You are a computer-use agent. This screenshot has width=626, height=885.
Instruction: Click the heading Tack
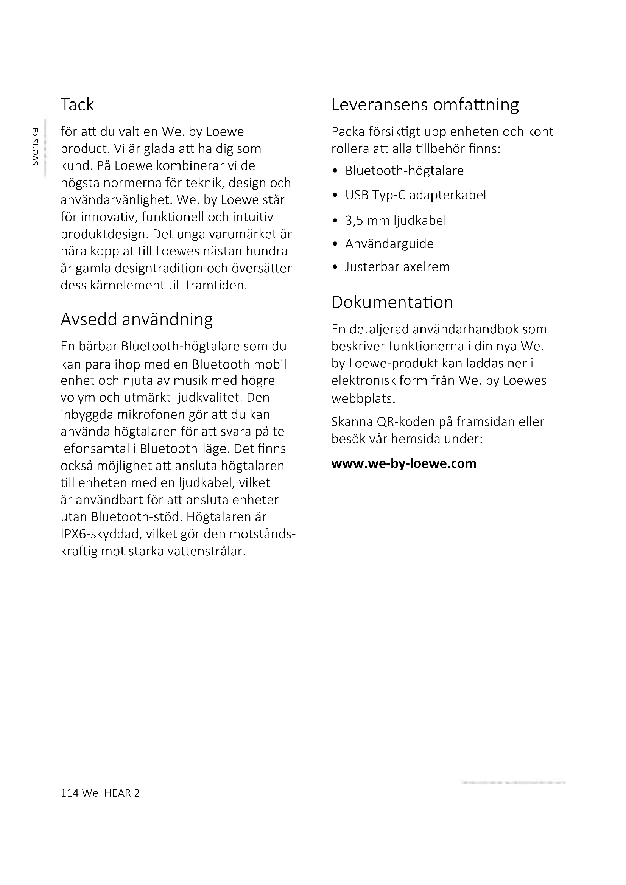pyautogui.click(x=77, y=105)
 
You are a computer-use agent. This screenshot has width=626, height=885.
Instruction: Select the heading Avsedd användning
pyautogui.click(x=137, y=320)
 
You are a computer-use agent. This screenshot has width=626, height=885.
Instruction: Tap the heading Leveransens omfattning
pyautogui.click(x=425, y=105)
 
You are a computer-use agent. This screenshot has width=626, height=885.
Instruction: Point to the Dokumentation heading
pyautogui.click(x=392, y=303)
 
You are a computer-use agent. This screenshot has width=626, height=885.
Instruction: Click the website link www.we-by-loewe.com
pyautogui.click(x=403, y=463)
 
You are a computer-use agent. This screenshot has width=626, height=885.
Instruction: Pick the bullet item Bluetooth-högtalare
pyautogui.click(x=404, y=170)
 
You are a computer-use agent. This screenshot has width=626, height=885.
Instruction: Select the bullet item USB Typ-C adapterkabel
pyautogui.click(x=416, y=195)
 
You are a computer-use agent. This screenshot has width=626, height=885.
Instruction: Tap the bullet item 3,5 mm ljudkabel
pyautogui.click(x=396, y=221)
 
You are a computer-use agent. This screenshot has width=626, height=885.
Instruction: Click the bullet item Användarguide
pyautogui.click(x=389, y=244)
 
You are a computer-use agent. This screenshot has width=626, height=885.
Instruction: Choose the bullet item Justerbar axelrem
pyautogui.click(x=397, y=267)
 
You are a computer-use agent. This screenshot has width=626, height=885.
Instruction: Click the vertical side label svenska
pyautogui.click(x=35, y=146)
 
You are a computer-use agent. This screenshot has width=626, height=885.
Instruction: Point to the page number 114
pyautogui.click(x=69, y=793)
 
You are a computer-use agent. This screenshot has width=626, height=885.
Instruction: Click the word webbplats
pyautogui.click(x=363, y=398)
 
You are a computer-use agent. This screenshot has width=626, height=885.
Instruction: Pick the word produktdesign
pyautogui.click(x=104, y=234)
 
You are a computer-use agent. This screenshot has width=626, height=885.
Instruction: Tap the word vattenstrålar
pyautogui.click(x=206, y=551)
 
